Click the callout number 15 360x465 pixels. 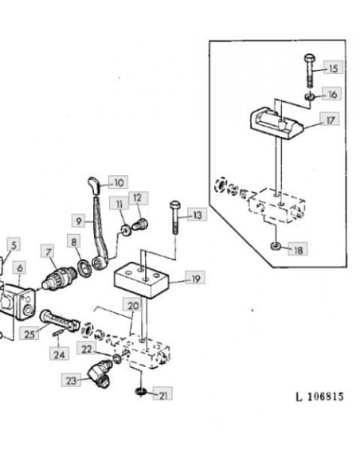pos(333,68)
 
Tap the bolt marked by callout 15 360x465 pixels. pos(309,71)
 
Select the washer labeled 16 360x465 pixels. pos(310,96)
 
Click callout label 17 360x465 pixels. pos(330,119)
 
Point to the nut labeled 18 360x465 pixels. pos(276,246)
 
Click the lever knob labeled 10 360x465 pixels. pos(93,186)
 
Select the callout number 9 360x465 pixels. pos(79,221)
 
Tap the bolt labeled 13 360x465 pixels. pos(174,217)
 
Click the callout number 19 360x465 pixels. pos(195,278)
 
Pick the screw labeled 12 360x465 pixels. pos(140,224)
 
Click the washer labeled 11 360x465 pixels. pos(126,230)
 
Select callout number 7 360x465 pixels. pos(49,252)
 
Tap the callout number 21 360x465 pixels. pos(162,393)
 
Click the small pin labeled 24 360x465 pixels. pos(58,333)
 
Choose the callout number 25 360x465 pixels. pos(29,333)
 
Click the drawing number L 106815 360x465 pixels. pos(319,397)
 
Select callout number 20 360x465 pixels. pos(132,305)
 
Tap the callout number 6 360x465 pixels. pos(20,268)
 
